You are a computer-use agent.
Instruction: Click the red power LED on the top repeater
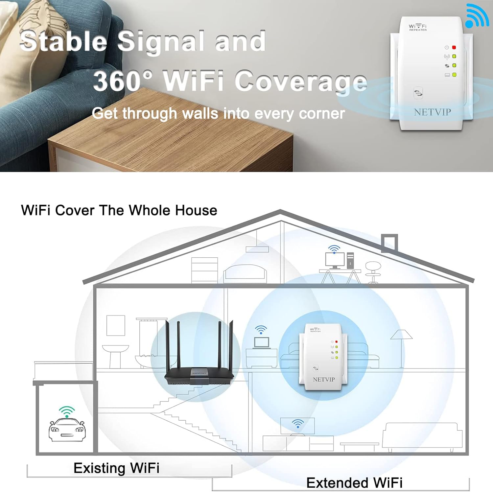454,48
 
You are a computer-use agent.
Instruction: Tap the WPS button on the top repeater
418,93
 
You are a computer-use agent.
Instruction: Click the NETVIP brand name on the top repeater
432,112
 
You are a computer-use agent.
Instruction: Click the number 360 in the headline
117,81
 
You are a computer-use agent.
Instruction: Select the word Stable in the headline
63,41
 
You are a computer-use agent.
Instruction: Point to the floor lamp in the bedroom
401,348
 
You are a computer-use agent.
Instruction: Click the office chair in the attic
373,271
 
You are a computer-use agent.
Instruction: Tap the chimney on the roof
389,243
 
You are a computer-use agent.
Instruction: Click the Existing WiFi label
116,468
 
